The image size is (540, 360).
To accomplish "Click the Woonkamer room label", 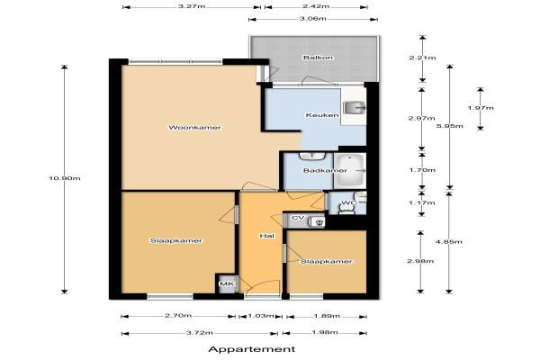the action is [194, 128].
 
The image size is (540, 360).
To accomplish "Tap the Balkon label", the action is [319, 58].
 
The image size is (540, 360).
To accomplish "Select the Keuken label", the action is [322, 115].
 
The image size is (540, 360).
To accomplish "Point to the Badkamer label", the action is [325, 170].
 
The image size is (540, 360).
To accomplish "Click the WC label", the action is [348, 202].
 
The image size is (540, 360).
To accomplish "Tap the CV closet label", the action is [298, 218].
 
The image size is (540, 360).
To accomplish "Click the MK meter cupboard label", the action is [227, 283].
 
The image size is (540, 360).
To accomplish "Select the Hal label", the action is [267, 236].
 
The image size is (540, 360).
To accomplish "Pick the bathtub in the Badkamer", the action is [349, 170].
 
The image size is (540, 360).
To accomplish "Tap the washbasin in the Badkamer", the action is [312, 156].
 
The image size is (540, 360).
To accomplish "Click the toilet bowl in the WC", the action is [346, 209].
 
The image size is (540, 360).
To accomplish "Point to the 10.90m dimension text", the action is [65, 178].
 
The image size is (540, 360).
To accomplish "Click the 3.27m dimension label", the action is [192, 6].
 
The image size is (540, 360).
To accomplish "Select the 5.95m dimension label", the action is [449, 126].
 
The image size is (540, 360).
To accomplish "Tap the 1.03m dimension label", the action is [261, 316].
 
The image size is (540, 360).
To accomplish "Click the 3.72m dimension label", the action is [200, 333].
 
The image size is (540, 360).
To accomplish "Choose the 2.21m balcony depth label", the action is [422, 58].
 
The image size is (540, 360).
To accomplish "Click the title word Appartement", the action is [252, 349].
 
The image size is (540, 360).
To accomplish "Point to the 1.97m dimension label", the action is [481, 108].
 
